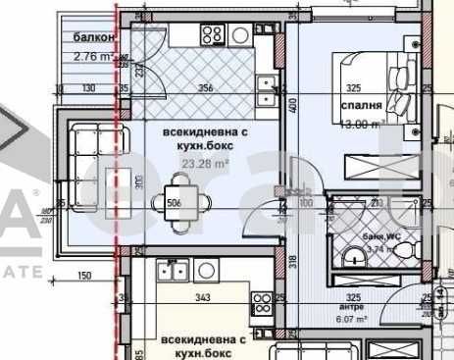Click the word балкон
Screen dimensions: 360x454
(x=94, y=38)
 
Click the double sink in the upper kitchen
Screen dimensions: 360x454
(x=264, y=91)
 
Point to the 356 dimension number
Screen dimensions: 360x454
(x=205, y=89)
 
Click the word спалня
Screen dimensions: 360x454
(x=356, y=105)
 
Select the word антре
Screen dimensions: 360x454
(x=351, y=307)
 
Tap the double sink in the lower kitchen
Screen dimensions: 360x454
(x=173, y=270)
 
